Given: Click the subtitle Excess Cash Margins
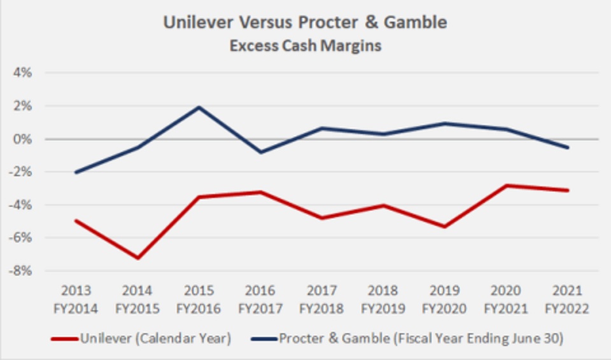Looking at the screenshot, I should tap(305, 46).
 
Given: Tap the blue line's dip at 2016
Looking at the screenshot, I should tap(261, 152).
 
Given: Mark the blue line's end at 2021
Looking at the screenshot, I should tap(568, 148).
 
